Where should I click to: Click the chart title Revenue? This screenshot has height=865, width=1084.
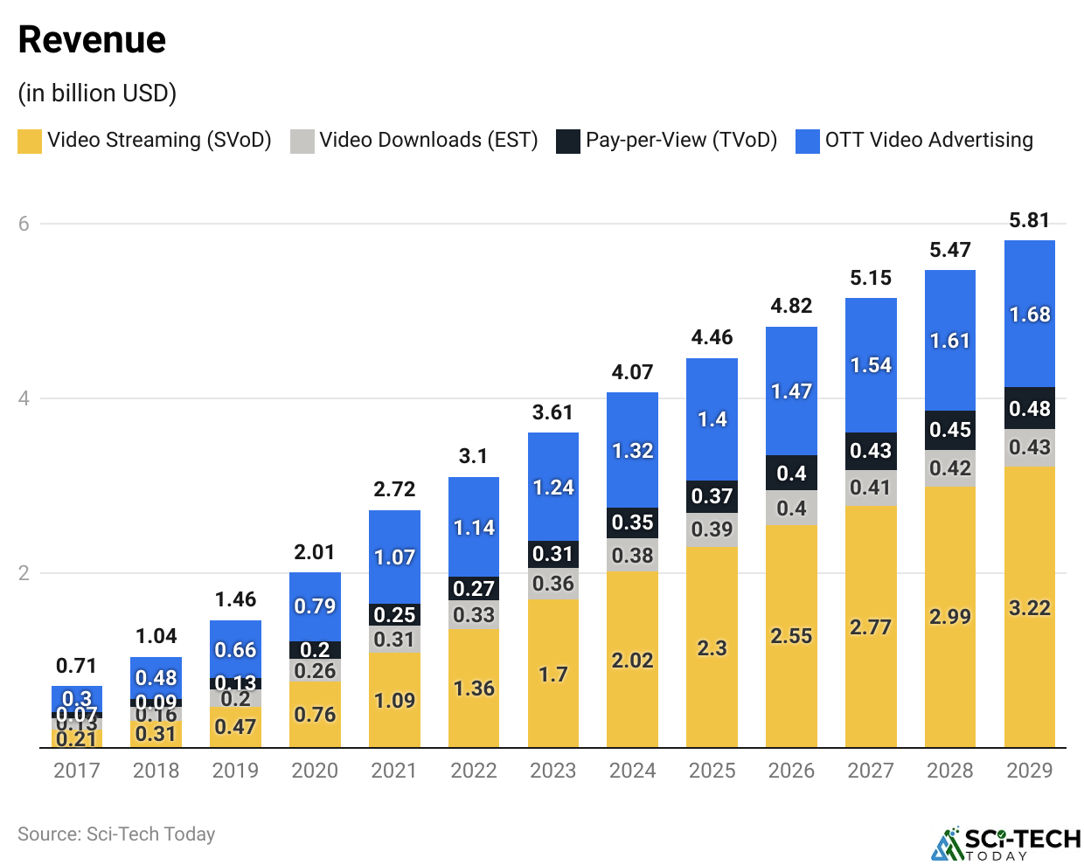pos(92,40)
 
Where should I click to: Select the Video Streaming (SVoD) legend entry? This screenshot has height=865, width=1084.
pos(145,141)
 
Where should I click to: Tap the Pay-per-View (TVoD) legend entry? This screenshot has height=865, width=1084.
pos(667,141)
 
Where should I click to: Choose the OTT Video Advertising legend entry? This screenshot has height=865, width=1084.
pos(914,141)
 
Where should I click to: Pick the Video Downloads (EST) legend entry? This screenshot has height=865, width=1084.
pos(414,141)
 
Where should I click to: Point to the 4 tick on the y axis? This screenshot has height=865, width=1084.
pos(24,398)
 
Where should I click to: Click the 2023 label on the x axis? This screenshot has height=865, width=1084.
pos(552,771)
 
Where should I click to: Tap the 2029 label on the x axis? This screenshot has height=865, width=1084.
pos(1029,771)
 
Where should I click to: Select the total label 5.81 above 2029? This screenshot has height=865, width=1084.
pos(1029,220)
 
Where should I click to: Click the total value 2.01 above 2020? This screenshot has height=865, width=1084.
pos(315,552)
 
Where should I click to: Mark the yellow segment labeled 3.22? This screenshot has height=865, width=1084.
pos(1029,608)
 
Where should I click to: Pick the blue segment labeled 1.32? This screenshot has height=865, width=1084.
pos(632,451)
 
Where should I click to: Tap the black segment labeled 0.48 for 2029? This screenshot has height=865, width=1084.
pos(1029,409)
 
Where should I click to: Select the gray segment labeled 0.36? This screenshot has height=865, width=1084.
pos(552,584)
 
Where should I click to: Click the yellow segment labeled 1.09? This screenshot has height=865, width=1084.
pos(394,701)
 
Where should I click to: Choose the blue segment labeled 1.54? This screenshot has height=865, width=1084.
pos(871,365)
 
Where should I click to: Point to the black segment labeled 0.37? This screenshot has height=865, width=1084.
pos(712,496)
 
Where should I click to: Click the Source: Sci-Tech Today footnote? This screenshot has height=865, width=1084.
pos(116,834)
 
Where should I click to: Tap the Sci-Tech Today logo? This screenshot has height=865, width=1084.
pos(1005,843)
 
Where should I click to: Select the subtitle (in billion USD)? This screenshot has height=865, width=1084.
pos(97,93)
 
